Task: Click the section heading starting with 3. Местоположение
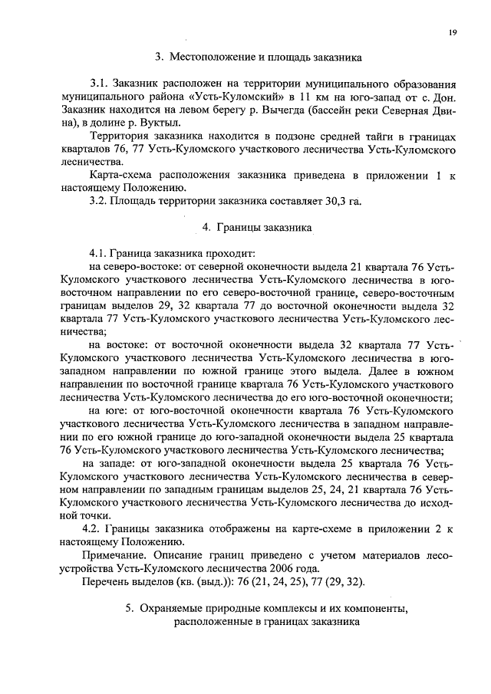(258, 56)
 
